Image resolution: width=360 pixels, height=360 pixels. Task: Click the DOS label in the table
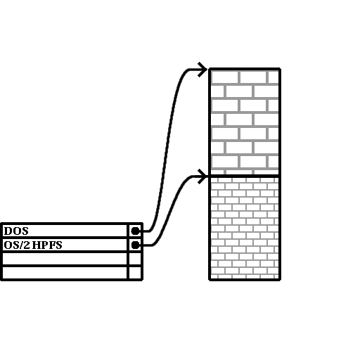[16, 231]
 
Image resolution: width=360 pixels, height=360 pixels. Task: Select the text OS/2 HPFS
[33, 245]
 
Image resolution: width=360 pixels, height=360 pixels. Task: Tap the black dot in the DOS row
[135, 231]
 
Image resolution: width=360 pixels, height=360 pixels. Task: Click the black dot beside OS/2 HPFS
[135, 245]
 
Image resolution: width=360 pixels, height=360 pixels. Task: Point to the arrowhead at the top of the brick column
[202, 70]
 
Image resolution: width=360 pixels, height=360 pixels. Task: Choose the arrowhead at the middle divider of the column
[202, 176]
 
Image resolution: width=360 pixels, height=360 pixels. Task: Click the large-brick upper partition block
[245, 122]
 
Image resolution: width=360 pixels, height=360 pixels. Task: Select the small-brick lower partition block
[245, 228]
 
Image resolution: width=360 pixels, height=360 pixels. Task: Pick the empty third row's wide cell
[65, 259]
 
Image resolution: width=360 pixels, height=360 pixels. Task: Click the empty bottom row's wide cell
[65, 273]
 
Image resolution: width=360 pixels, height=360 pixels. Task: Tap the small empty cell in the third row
[135, 259]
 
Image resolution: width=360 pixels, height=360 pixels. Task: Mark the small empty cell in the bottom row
[135, 273]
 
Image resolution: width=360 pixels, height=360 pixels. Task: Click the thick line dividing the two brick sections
[245, 176]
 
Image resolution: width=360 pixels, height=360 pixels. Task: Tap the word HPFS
[47, 245]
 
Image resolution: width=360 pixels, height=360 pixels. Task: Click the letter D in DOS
[8, 231]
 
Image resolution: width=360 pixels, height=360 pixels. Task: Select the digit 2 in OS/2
[27, 245]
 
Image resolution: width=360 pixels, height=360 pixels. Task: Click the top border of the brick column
[245, 69]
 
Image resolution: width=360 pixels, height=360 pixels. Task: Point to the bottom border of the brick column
[245, 279]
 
